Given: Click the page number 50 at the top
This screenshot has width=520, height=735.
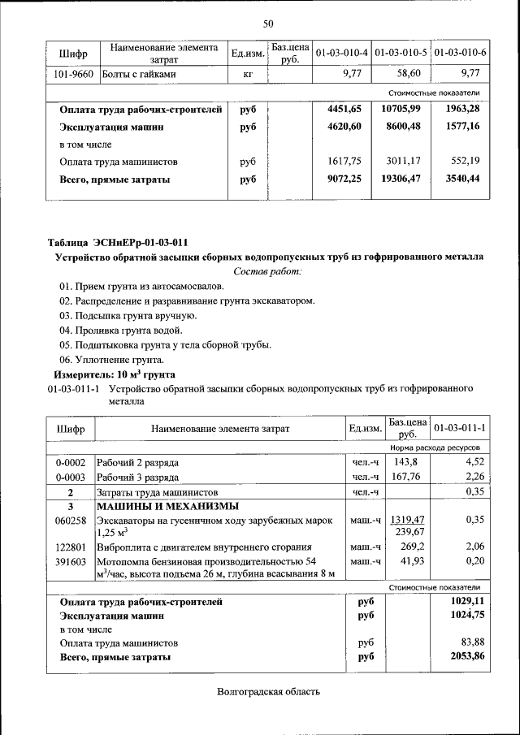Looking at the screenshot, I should coord(268,23).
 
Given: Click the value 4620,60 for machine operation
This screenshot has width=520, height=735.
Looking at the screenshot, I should coord(349,127).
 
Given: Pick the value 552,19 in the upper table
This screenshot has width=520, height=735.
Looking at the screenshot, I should coord(466,161).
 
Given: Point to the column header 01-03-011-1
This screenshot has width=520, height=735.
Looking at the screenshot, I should coord(459,428).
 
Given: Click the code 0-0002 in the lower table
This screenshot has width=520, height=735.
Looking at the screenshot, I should coord(71,462).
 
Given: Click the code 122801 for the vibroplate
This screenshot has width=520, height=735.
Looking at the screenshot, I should coord(71,547).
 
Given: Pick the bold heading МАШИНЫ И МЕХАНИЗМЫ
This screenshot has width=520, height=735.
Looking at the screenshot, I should coord(154,506).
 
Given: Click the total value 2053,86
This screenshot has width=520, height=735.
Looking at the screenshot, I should coord(467,656).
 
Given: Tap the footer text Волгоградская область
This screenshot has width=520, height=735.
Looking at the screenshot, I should coord(268,692).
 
